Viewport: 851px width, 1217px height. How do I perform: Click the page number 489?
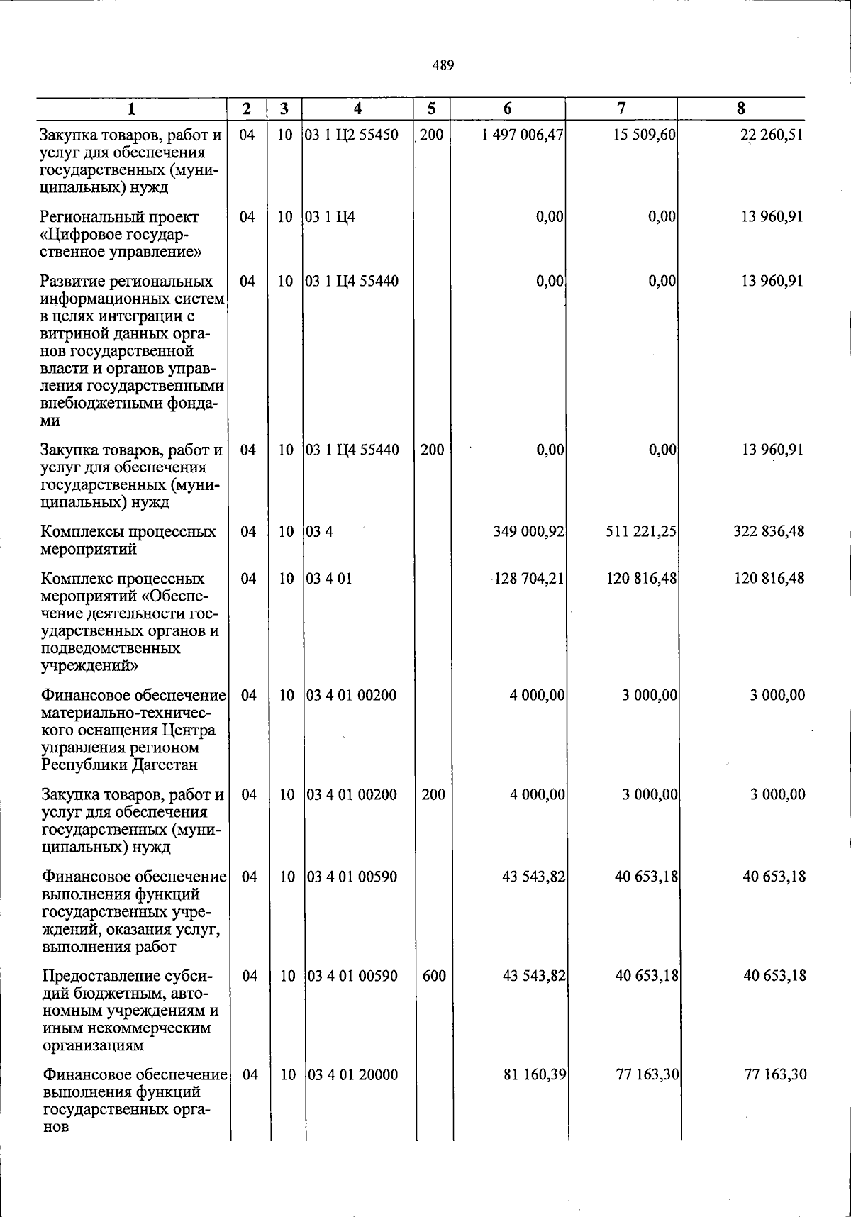click(x=443, y=66)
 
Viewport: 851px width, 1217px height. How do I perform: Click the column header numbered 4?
click(x=358, y=109)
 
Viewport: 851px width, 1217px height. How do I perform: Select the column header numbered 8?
click(x=741, y=109)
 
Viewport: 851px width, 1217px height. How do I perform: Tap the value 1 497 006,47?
click(x=521, y=135)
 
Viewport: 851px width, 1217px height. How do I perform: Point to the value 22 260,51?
click(x=772, y=135)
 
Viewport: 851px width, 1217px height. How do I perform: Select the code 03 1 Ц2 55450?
click(x=351, y=135)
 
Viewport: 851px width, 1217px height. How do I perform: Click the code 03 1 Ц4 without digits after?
click(x=330, y=217)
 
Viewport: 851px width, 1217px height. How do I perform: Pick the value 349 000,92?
click(x=528, y=531)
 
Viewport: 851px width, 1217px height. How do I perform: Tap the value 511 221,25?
click(x=640, y=531)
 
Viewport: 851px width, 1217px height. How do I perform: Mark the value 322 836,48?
click(x=769, y=531)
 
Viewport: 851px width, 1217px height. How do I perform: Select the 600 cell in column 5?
click(x=433, y=975)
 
